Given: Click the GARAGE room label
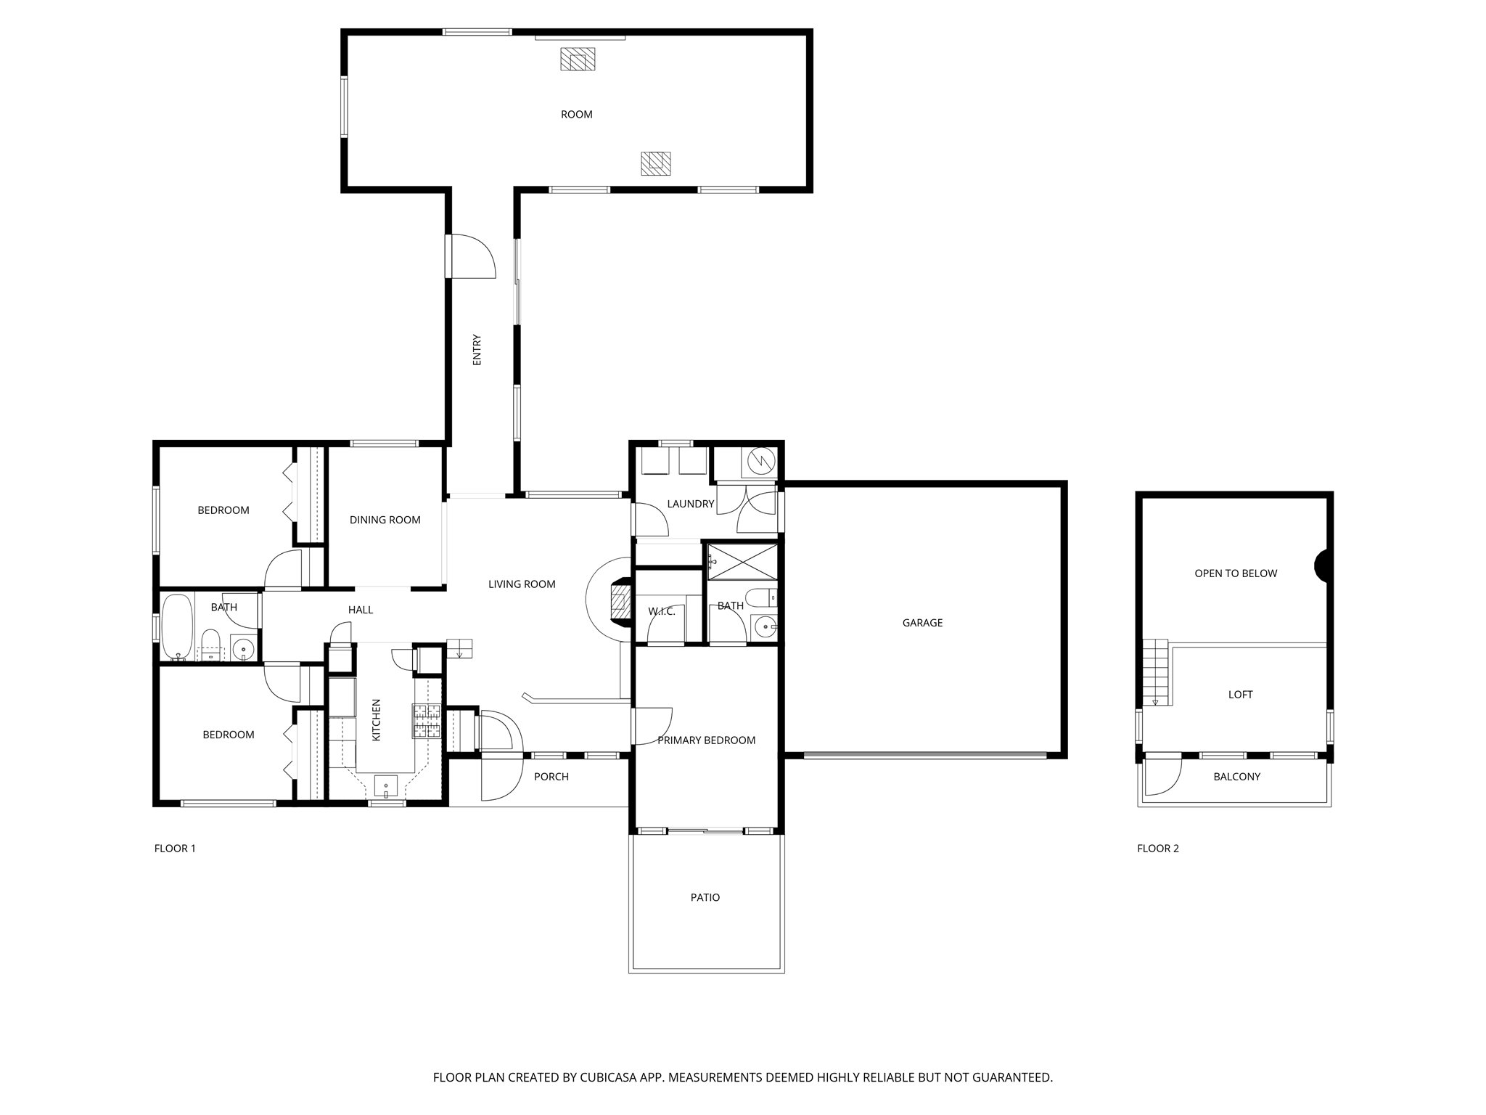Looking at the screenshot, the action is click(922, 623).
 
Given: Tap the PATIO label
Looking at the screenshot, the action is click(705, 898).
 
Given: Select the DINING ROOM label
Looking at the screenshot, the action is click(385, 520).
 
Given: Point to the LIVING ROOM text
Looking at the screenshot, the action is click(522, 584).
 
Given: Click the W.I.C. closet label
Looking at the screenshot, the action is click(662, 612).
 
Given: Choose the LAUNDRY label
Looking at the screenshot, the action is click(691, 504).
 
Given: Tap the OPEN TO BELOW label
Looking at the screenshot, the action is click(1236, 573).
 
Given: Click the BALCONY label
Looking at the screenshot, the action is click(1237, 777).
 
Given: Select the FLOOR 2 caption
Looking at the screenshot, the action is click(1158, 849).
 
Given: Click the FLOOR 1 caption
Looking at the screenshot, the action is click(175, 849).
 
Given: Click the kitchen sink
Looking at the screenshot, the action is click(386, 786).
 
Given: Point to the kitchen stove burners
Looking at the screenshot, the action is click(427, 721).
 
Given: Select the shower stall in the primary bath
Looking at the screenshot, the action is click(742, 562).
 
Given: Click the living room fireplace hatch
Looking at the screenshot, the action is click(619, 600).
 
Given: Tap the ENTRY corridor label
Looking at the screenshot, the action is click(477, 349).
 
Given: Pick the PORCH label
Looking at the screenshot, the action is click(551, 777).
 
